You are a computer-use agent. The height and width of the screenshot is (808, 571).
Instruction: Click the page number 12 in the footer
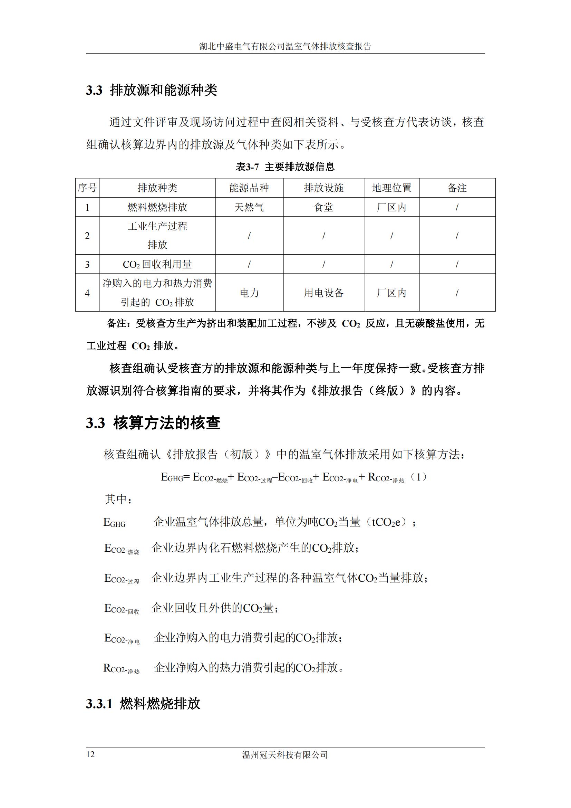90,754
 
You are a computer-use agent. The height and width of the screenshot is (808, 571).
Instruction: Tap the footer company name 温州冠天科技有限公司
285,754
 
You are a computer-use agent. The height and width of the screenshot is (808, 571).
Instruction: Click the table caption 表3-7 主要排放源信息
285,167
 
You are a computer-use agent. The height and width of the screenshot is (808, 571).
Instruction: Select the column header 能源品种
249,188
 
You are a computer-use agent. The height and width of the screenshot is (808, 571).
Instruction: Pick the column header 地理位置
392,188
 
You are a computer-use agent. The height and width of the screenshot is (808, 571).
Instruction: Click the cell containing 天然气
249,207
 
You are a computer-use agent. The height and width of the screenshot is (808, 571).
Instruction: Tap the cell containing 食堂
323,207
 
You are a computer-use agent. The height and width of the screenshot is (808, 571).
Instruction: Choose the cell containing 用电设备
323,293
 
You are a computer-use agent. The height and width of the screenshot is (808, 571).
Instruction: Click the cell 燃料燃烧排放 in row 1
157,207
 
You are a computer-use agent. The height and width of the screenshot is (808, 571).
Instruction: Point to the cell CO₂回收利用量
157,264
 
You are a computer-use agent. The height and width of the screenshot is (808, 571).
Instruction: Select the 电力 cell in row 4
249,293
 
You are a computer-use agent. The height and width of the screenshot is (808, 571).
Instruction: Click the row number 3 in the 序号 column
87,264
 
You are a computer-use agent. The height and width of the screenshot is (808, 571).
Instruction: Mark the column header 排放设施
323,188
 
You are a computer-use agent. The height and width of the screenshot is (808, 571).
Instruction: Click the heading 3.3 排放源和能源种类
152,91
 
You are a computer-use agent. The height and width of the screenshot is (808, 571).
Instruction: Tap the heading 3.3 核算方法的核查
153,422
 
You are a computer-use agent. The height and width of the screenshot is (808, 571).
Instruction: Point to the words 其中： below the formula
118,499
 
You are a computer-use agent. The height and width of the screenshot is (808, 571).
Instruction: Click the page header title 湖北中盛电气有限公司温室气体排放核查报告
285,46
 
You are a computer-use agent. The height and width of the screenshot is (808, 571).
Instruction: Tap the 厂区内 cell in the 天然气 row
392,207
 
